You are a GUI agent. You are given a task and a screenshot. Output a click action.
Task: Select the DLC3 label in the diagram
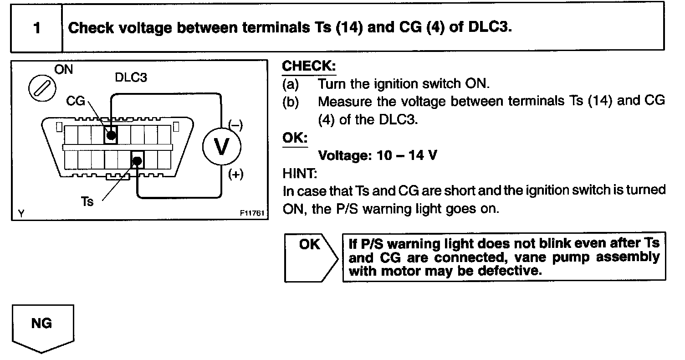131,77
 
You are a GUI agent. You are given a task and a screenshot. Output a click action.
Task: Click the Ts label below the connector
87,201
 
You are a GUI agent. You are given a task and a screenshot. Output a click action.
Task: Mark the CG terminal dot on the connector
111,135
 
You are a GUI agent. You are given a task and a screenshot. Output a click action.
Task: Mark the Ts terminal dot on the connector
138,160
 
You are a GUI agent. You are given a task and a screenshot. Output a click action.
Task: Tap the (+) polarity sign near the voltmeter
235,175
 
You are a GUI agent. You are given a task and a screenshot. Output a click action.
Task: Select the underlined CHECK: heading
309,66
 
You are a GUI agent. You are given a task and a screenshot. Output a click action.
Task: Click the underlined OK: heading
295,138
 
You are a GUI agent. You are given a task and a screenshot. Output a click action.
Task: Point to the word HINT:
299,173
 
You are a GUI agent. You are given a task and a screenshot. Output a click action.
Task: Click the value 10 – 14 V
407,155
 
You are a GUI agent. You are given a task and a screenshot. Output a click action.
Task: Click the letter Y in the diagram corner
21,213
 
